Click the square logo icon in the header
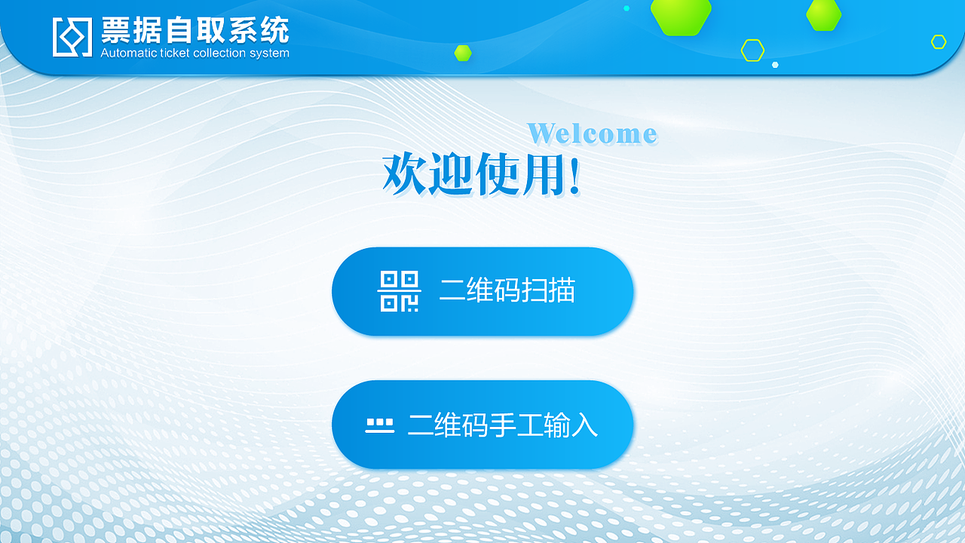tap(72, 37)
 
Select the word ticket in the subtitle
tap(174, 53)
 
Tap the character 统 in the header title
tap(275, 29)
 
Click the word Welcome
tap(593, 133)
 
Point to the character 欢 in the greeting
tap(405, 173)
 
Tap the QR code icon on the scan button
tap(400, 291)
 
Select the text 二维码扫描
tap(507, 290)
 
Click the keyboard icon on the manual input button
tap(379, 425)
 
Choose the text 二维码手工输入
tap(503, 425)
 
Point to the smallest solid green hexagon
tap(463, 53)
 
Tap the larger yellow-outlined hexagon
tap(752, 51)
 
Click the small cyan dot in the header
tap(626, 8)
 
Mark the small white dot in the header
tap(775, 65)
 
